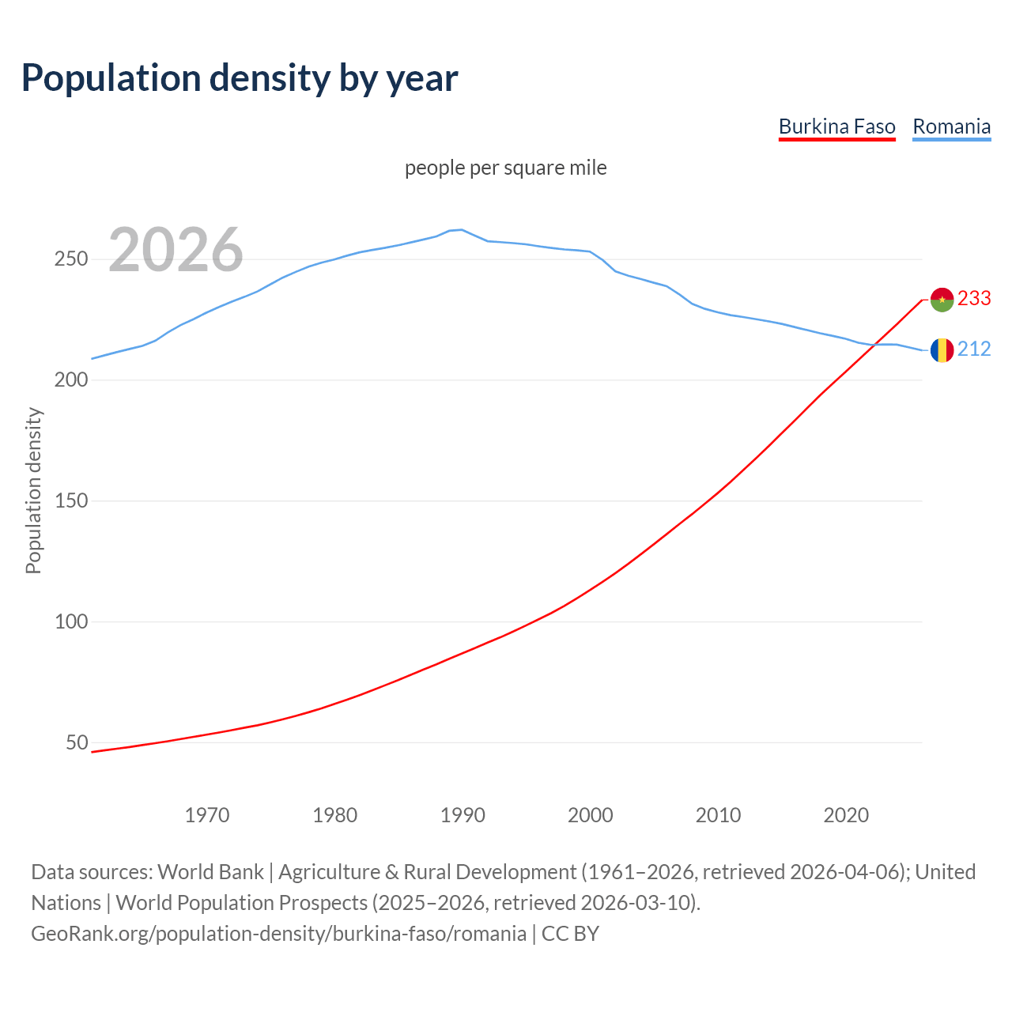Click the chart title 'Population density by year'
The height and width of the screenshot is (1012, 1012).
(x=240, y=78)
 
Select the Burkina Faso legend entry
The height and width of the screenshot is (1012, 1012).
(x=836, y=127)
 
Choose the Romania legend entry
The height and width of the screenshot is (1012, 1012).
(x=951, y=127)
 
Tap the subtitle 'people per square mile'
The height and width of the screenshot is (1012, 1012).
(x=505, y=168)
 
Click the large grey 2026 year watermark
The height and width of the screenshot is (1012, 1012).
(x=176, y=251)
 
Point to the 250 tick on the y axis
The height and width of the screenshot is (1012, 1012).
(x=70, y=259)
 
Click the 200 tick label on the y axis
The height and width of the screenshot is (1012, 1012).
(x=70, y=380)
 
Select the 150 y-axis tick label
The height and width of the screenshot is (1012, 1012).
(x=70, y=501)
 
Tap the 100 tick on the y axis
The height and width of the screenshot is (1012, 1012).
(x=70, y=622)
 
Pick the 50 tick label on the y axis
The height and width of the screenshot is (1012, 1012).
(x=77, y=743)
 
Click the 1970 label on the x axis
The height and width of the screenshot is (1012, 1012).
(x=207, y=815)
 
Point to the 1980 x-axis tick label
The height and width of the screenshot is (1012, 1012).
(x=335, y=815)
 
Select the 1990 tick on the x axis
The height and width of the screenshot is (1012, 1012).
(x=463, y=815)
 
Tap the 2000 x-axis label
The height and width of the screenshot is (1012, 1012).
(x=591, y=815)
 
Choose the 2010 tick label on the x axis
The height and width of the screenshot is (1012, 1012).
(x=718, y=815)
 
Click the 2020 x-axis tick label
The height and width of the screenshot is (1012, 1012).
(x=846, y=815)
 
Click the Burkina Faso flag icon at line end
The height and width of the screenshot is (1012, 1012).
(x=942, y=300)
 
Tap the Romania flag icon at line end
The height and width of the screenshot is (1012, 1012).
(x=942, y=349)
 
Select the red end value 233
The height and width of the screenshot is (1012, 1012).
(x=974, y=299)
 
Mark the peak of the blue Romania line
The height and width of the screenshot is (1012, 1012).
(x=462, y=229)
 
